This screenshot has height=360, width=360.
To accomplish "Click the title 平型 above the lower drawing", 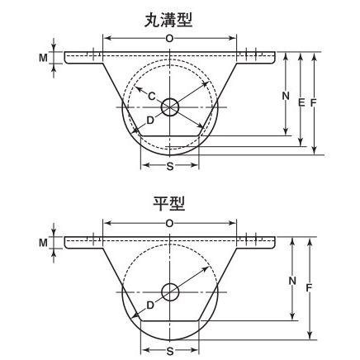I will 169,203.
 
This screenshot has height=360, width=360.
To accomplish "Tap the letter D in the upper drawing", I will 149,121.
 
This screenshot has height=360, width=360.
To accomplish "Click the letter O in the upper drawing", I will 169,39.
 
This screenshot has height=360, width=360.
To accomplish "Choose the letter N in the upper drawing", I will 285,95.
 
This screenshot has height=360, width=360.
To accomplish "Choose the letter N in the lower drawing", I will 291,280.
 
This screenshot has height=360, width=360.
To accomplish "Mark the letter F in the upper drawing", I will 315,102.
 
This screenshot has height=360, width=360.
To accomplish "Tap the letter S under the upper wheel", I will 169,166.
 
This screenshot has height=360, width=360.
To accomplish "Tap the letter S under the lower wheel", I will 169,350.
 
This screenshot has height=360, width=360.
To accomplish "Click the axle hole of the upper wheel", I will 170,107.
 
